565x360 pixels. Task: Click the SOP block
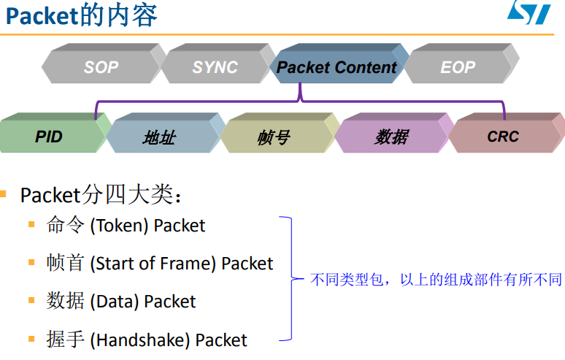click(x=101, y=67)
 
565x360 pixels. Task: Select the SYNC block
click(x=215, y=67)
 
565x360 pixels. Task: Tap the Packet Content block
click(x=337, y=67)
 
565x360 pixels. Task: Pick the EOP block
click(x=458, y=67)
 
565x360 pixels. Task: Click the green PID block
click(x=49, y=137)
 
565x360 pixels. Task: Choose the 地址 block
click(x=158, y=137)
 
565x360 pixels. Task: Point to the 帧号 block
click(x=274, y=137)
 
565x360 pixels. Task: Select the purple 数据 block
click(x=391, y=137)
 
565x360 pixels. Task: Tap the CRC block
click(x=503, y=137)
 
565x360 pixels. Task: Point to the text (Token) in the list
click(x=120, y=226)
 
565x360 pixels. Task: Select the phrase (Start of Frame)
click(x=153, y=264)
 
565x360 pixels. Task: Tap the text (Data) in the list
click(x=115, y=302)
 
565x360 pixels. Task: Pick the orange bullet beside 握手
click(x=31, y=338)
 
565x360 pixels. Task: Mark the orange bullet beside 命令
click(x=31, y=224)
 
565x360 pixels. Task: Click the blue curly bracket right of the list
click(x=290, y=278)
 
